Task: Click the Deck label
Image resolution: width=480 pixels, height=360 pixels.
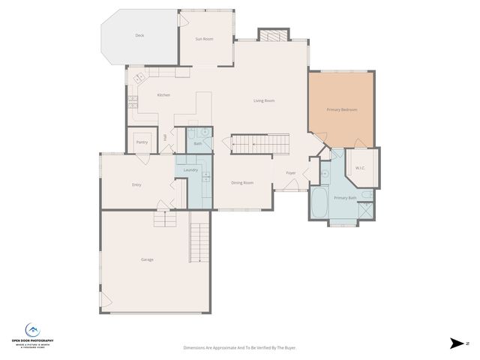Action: (139, 35)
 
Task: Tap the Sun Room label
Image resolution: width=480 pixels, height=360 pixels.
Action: (205, 38)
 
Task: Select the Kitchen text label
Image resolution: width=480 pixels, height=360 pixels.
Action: (163, 95)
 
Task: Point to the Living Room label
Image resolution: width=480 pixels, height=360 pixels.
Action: (263, 100)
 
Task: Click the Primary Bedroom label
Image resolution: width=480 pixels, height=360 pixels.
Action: (341, 109)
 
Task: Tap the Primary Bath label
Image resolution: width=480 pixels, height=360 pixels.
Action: (345, 198)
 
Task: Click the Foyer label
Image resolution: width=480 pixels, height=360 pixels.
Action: (290, 173)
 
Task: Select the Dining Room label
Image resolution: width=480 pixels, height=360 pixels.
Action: (241, 182)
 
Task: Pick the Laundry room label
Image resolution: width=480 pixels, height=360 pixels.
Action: (190, 170)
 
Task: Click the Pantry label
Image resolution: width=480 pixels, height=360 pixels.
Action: (142, 142)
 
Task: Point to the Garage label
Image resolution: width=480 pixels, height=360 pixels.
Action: (147, 259)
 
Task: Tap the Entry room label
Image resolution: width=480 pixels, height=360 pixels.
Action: (136, 184)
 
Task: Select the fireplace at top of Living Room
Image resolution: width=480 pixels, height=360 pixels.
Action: (271, 35)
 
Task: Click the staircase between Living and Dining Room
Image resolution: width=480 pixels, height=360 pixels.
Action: (259, 142)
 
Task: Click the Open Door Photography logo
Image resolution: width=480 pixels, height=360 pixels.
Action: (33, 334)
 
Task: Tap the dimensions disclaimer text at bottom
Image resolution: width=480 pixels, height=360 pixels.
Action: (239, 347)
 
